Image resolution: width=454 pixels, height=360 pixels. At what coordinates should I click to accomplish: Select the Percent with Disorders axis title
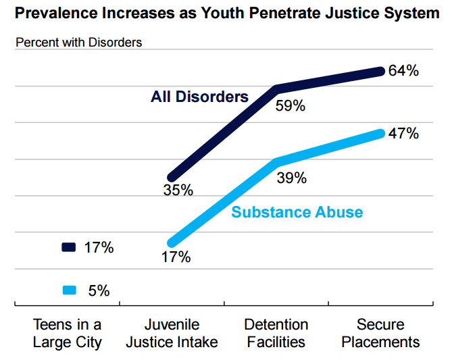coord(78,42)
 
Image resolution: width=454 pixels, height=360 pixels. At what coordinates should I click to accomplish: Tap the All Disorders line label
coord(199,97)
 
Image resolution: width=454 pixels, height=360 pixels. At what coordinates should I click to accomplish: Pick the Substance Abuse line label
coord(297,212)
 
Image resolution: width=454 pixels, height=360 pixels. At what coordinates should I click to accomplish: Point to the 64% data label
coord(404,70)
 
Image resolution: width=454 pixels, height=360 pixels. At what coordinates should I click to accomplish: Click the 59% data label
coord(291,106)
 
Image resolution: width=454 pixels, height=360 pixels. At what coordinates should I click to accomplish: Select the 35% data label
coord(178,190)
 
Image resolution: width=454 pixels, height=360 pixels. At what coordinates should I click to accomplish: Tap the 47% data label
coord(404,133)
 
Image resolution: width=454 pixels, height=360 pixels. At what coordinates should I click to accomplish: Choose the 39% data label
coord(292,178)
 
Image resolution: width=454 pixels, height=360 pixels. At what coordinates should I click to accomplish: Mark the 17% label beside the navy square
coord(99,248)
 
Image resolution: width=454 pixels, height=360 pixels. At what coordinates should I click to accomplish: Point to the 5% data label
coord(99,291)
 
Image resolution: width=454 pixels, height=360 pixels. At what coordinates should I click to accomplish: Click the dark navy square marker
coord(69,248)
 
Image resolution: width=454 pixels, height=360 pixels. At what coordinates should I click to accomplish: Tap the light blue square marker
coord(69,291)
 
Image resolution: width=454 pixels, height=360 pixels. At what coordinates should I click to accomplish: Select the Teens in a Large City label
coord(67,334)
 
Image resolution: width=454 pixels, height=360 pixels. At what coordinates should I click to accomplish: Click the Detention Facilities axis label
coord(277,334)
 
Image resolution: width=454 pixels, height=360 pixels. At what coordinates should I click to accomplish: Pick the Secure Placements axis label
coord(380,334)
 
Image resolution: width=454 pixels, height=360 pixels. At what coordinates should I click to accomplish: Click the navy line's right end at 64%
coord(380,70)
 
